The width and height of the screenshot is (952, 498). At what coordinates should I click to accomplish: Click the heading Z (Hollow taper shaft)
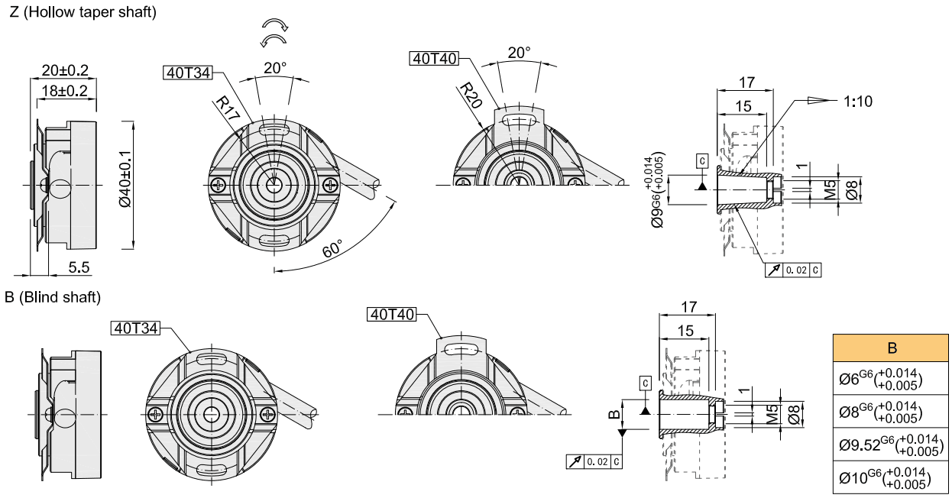coord(83,13)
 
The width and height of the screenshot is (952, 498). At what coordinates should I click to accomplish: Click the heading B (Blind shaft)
coord(53,296)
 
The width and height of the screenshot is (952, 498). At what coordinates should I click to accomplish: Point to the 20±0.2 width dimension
coord(65,70)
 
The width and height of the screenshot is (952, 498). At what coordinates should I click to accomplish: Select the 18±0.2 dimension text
coord(65,90)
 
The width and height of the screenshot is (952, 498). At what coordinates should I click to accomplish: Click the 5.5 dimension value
coord(79,267)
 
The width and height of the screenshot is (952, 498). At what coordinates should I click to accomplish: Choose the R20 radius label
coord(470,97)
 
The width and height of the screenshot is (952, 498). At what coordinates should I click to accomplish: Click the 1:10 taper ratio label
coord(858,101)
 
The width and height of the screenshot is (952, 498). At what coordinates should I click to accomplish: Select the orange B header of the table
coord(892,348)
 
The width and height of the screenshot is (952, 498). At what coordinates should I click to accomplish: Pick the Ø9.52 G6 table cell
coord(890,445)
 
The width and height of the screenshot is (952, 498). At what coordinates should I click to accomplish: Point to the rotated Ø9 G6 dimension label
coord(657,191)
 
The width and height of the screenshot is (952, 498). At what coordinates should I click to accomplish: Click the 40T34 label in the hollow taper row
coord(188,73)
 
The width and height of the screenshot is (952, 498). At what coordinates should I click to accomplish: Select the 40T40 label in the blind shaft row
coord(392,314)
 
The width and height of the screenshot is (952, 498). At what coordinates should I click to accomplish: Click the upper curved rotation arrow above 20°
coord(274,25)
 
